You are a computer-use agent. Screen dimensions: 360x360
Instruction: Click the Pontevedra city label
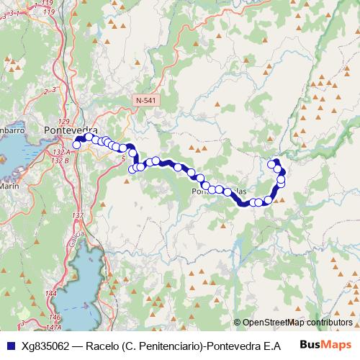71,130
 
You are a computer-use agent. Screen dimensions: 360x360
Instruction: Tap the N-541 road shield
145,97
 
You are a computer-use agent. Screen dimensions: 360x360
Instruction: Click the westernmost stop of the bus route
76,145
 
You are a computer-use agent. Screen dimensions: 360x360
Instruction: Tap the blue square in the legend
10,346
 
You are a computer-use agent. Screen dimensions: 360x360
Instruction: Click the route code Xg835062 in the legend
46,346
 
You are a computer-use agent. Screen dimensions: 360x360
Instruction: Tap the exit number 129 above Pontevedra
63,121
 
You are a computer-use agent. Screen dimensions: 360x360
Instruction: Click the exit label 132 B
61,159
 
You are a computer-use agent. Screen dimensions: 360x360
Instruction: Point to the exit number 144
50,294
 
